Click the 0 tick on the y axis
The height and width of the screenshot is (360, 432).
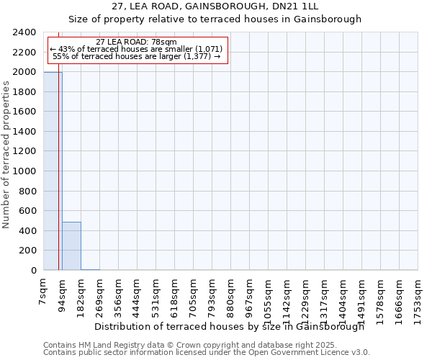coord(33,271)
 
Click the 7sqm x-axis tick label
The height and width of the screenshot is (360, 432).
coord(44,289)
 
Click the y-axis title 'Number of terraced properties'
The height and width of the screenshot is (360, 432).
coord(6,155)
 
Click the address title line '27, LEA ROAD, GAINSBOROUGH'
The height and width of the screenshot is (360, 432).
coord(215,6)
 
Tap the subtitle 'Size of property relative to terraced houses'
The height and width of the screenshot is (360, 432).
coord(215,19)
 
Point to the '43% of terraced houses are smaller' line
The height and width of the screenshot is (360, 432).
coord(136,49)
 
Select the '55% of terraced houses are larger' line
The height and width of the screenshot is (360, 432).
coord(136,56)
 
